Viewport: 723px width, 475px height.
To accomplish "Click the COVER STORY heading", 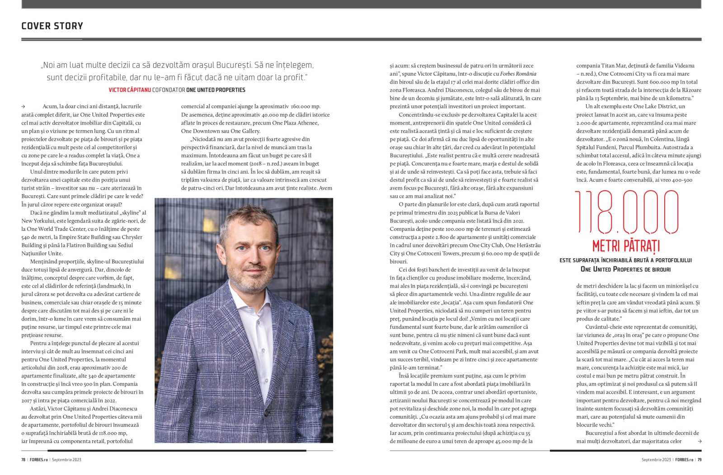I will (52, 26).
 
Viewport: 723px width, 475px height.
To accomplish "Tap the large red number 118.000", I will (626, 212).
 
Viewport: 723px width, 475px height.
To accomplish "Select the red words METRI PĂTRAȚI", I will (626, 246).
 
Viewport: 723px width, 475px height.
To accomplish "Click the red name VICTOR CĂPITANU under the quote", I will (130, 90).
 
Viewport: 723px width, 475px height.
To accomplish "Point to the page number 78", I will (23, 460).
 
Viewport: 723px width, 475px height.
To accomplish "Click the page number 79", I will (699, 460).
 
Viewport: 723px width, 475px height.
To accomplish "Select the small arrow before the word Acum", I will (23, 107).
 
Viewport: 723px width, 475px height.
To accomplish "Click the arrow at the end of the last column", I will (700, 441).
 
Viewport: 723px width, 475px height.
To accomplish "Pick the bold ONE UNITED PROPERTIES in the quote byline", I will (216, 90).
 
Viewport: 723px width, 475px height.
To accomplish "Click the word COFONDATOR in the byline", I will (169, 90).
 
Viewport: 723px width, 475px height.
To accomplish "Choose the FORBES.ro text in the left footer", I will (39, 460).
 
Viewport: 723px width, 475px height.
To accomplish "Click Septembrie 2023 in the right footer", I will (656, 460).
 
